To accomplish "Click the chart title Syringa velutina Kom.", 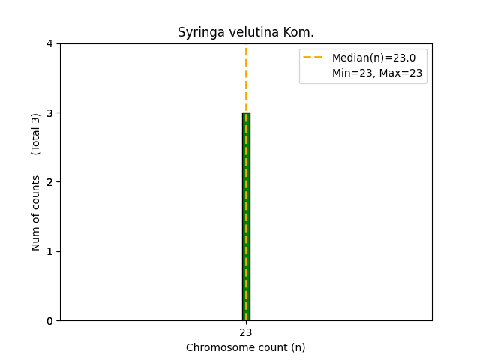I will (x=246, y=33).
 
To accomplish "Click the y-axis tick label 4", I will (x=49, y=43).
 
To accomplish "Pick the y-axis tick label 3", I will (x=49, y=113).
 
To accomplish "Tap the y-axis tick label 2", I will (x=49, y=182).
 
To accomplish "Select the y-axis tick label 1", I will (x=49, y=251).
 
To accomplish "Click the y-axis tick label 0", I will (x=49, y=321).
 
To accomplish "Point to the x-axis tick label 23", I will (x=246, y=332).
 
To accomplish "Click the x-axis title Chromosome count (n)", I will (x=246, y=347).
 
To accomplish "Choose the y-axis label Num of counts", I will (x=36, y=213).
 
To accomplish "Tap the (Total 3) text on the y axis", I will (x=36, y=134).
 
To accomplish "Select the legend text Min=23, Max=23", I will (x=377, y=73).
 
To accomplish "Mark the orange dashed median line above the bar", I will (x=246, y=79).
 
